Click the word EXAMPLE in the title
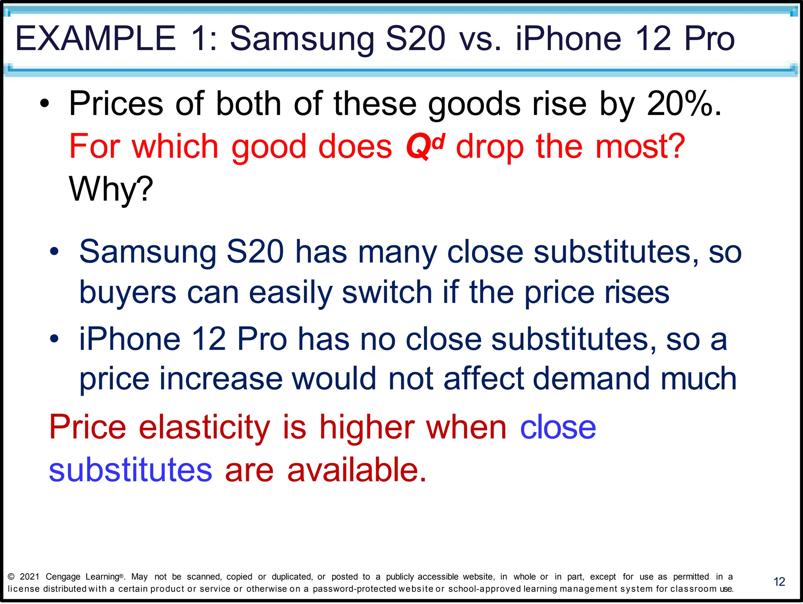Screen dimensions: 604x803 pos(95,38)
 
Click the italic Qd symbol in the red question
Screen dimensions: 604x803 pos(425,146)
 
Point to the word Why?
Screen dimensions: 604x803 pos(111,189)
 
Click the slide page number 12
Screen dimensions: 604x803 pos(779,582)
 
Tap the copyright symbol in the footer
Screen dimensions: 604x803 pos(11,577)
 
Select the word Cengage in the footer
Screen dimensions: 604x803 pos(63,577)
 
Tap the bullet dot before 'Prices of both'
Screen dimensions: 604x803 pos(45,104)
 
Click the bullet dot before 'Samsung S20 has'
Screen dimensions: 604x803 pos(54,252)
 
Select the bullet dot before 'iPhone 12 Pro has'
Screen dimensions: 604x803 pos(54,338)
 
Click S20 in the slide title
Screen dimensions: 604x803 pos(416,38)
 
